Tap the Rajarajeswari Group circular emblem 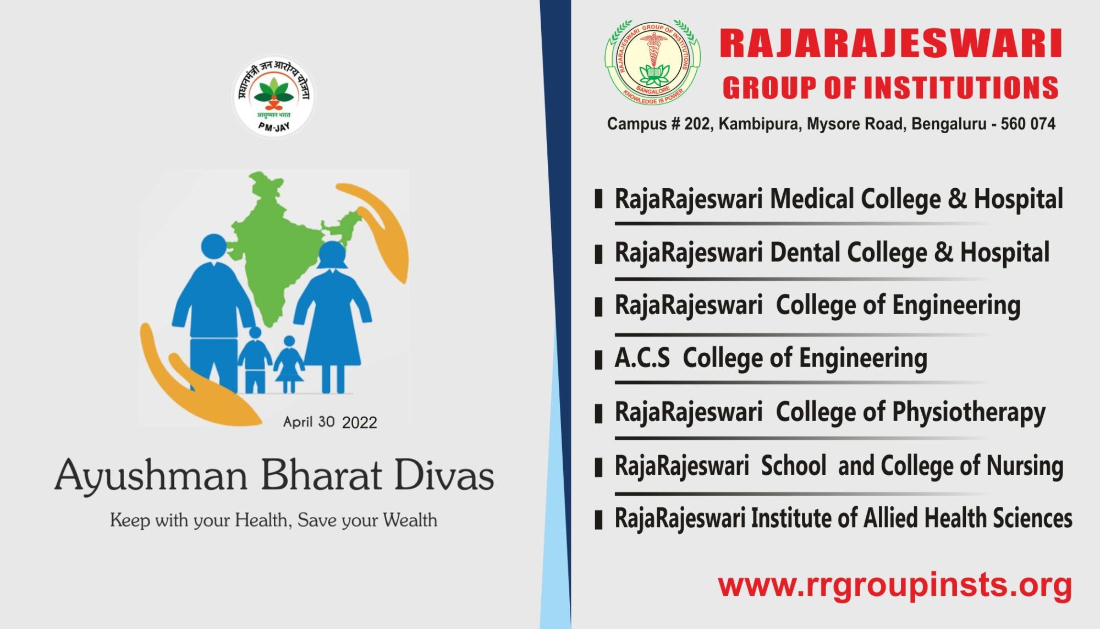pyautogui.click(x=652, y=62)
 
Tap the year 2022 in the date pyautogui.click(x=359, y=423)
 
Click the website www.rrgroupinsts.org pyautogui.click(x=895, y=584)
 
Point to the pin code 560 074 pyautogui.click(x=1027, y=124)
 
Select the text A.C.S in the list pyautogui.click(x=642, y=358)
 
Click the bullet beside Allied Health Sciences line pyautogui.click(x=599, y=519)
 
